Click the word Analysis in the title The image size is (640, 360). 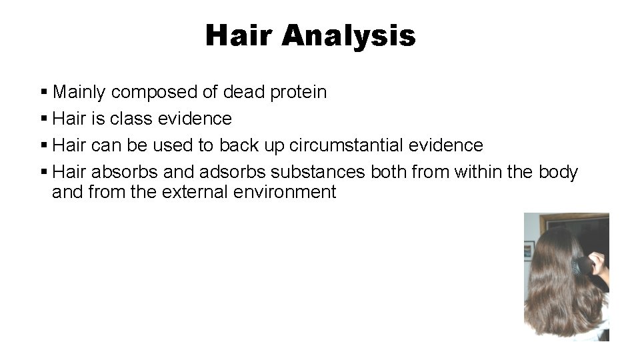click(x=348, y=35)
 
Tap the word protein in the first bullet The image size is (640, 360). click(x=299, y=92)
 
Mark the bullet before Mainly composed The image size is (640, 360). click(x=44, y=92)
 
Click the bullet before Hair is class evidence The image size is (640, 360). click(x=44, y=119)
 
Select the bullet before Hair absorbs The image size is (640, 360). click(x=44, y=172)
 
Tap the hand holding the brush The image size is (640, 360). click(x=598, y=265)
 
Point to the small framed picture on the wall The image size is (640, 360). click(x=529, y=250)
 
